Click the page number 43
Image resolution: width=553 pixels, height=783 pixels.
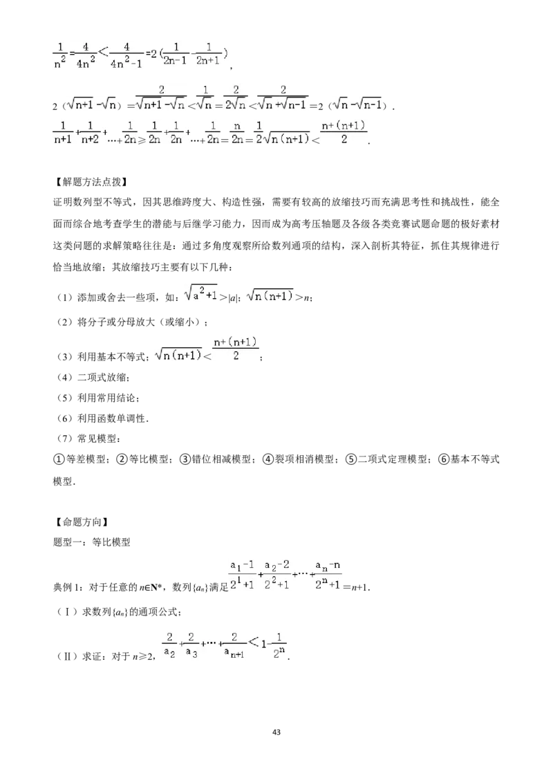click(x=276, y=732)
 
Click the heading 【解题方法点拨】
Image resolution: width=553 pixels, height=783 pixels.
click(x=90, y=181)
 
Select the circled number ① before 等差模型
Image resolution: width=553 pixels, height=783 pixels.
click(x=59, y=459)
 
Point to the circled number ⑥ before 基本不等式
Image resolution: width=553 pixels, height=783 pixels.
click(x=444, y=459)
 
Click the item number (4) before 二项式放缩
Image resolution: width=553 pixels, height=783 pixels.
click(x=66, y=378)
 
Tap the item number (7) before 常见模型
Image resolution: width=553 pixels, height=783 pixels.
click(x=66, y=439)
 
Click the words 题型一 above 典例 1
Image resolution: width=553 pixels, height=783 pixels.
click(x=67, y=542)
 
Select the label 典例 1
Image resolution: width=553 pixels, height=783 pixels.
click(x=66, y=587)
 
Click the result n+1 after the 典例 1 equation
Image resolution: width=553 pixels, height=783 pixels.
click(x=359, y=588)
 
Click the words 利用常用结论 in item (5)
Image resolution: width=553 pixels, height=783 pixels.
click(x=106, y=398)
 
